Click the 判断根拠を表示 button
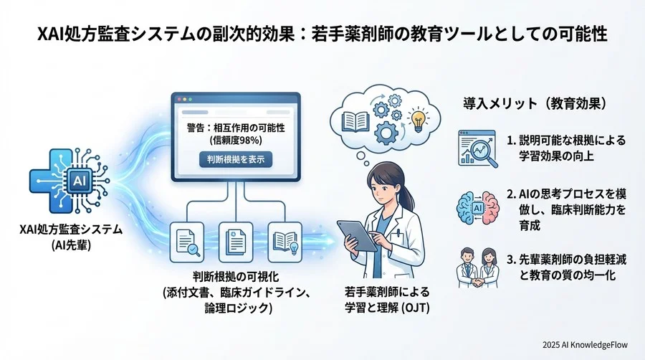235,158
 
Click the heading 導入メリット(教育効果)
537,103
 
